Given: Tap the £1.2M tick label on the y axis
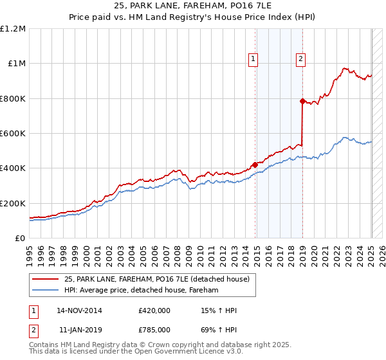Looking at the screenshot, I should coord(13,29).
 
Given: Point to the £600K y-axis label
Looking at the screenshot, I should coord(13,134).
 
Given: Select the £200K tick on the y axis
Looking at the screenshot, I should coord(13,203).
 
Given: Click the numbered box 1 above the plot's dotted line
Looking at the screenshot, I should coord(253,59).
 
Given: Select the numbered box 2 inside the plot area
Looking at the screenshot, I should coord(300,59).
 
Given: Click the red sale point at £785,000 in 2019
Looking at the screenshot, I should coord(302,101).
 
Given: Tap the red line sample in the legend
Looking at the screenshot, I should coord(45,278).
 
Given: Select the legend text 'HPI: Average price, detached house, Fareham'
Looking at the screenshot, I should coord(142,290).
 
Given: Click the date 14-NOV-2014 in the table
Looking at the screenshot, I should coord(79,310).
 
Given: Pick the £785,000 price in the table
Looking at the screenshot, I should coord(154,329).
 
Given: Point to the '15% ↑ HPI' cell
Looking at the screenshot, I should coord(219,310).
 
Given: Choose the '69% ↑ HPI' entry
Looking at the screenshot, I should coord(219,329).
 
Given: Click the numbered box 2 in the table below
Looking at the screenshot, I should coord(33,329).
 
